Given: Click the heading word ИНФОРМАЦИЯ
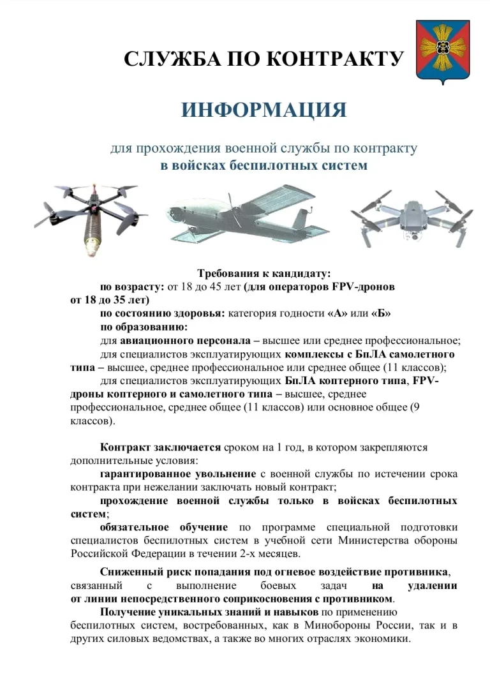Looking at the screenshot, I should (x=264, y=110).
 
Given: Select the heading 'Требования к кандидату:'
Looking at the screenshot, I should (x=264, y=274).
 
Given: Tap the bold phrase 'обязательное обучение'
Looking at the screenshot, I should (x=163, y=527).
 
